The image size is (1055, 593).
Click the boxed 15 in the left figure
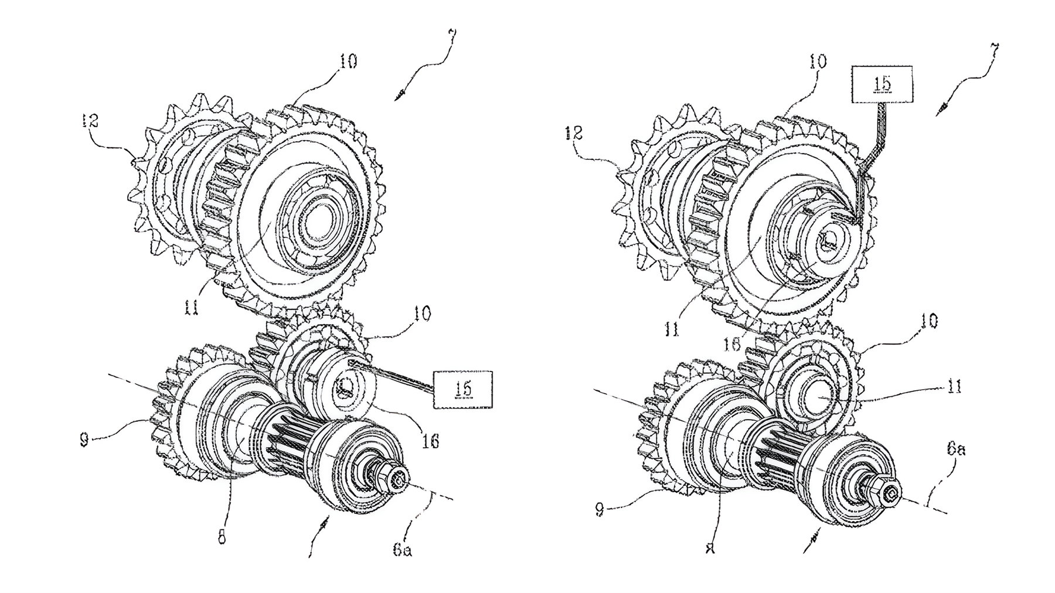pyautogui.click(x=462, y=388)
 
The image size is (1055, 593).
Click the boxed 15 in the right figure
pyautogui.click(x=883, y=84)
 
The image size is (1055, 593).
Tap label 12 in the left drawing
pyautogui.click(x=91, y=121)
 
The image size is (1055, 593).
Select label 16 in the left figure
pyautogui.click(x=431, y=441)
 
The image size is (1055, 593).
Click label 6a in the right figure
pyautogui.click(x=954, y=451)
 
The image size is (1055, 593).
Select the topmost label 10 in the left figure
pyautogui.click(x=348, y=62)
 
